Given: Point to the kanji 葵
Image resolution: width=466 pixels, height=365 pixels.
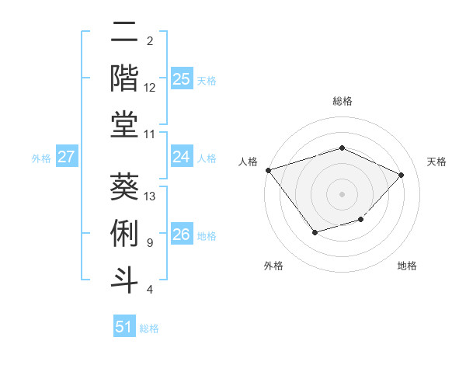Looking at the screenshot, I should pyautogui.click(x=124, y=186).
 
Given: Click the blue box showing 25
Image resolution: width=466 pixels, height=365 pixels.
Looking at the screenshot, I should pyautogui.click(x=182, y=78).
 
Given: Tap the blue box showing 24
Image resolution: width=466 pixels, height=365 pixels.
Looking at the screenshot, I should pyautogui.click(x=182, y=157).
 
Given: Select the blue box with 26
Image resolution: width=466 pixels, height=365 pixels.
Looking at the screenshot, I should pyautogui.click(x=182, y=235).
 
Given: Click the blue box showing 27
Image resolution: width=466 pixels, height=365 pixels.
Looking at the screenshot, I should pyautogui.click(x=67, y=157).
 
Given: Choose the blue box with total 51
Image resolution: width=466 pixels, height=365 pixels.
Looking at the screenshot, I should pyautogui.click(x=124, y=327).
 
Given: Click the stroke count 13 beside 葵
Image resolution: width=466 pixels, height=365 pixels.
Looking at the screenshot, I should pyautogui.click(x=151, y=196).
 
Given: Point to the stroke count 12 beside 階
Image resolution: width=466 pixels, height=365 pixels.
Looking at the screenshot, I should pyautogui.click(x=150, y=88).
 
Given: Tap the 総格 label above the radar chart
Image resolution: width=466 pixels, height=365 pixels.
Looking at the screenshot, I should pyautogui.click(x=342, y=101).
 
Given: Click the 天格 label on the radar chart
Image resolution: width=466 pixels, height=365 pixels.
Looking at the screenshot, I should pyautogui.click(x=436, y=162).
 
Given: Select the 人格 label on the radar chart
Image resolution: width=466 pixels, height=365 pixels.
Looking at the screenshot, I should pyautogui.click(x=248, y=162).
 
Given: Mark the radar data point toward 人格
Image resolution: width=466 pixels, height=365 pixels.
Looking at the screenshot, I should pyautogui.click(x=268, y=170).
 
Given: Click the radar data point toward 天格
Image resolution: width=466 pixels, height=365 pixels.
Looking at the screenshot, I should pyautogui.click(x=401, y=175).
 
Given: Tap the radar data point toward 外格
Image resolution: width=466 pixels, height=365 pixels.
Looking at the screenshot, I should pyautogui.click(x=315, y=232).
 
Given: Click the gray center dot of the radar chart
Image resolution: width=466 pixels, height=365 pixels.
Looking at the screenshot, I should pyautogui.click(x=342, y=193).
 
